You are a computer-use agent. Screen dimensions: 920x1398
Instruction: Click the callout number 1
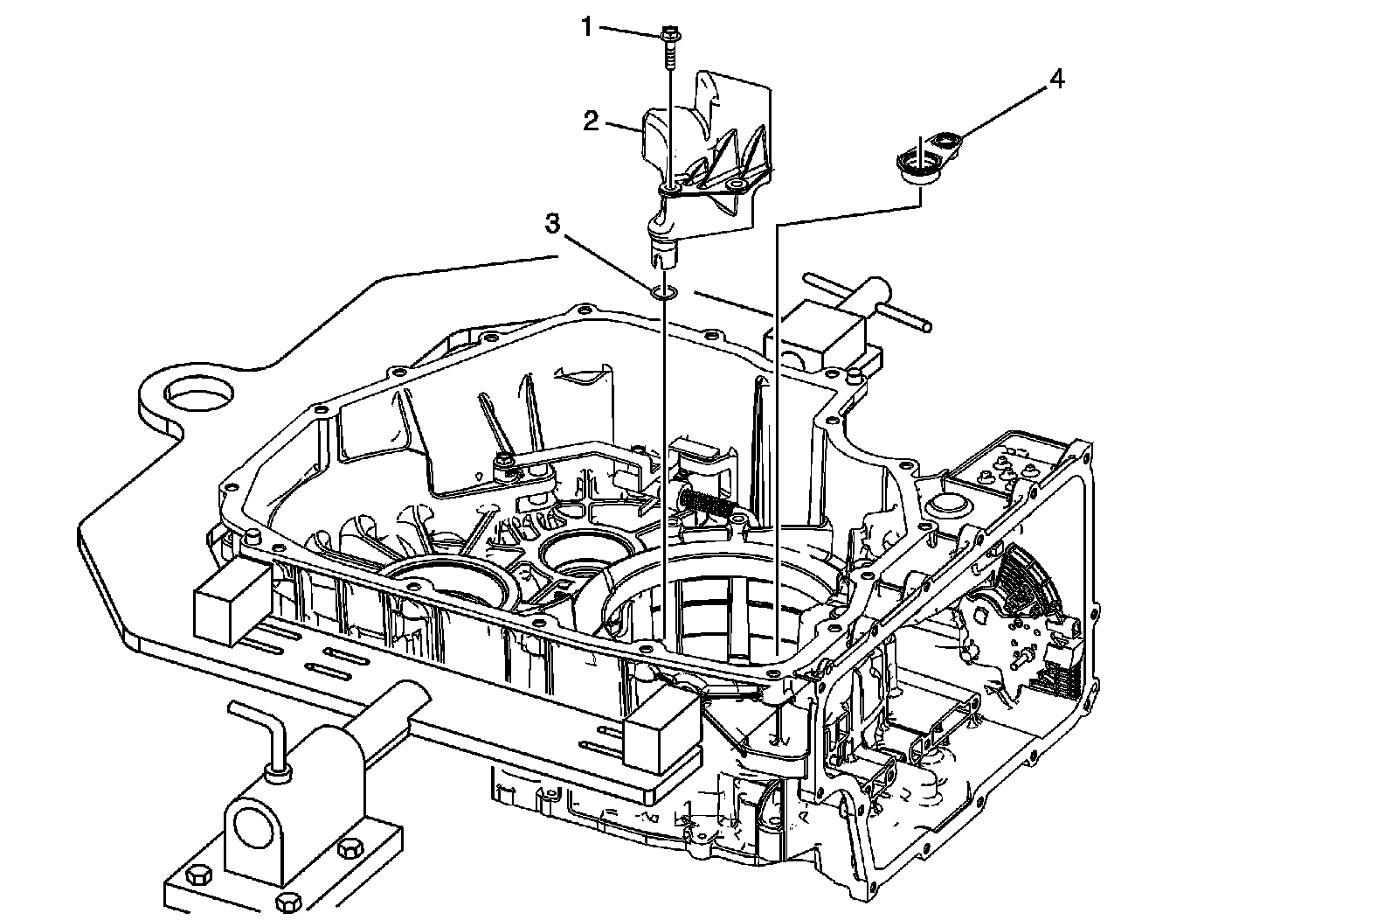[588, 27]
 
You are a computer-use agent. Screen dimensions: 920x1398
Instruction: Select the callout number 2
[592, 121]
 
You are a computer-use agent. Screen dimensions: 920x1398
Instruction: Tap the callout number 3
[552, 224]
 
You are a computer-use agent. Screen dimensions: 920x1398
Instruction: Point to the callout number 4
[1056, 79]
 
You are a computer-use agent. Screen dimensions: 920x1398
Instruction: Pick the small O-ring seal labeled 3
[663, 290]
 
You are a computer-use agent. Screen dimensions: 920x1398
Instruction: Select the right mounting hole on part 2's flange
[736, 185]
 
